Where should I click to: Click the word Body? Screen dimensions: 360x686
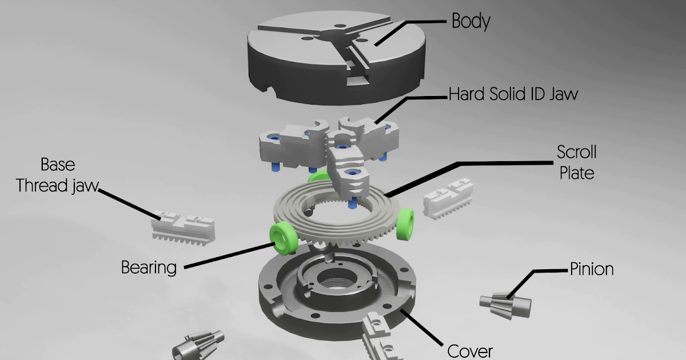[x=471, y=22]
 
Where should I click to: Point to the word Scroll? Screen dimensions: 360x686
[x=577, y=153]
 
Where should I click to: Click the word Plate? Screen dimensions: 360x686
[x=577, y=172]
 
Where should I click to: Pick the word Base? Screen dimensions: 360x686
[x=57, y=165]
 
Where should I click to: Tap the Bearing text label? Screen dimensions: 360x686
[x=149, y=267]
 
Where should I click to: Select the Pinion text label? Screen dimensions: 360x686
[x=592, y=269]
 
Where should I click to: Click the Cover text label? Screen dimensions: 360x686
[x=470, y=350]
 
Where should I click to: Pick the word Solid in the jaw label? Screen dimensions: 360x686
[x=504, y=94]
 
